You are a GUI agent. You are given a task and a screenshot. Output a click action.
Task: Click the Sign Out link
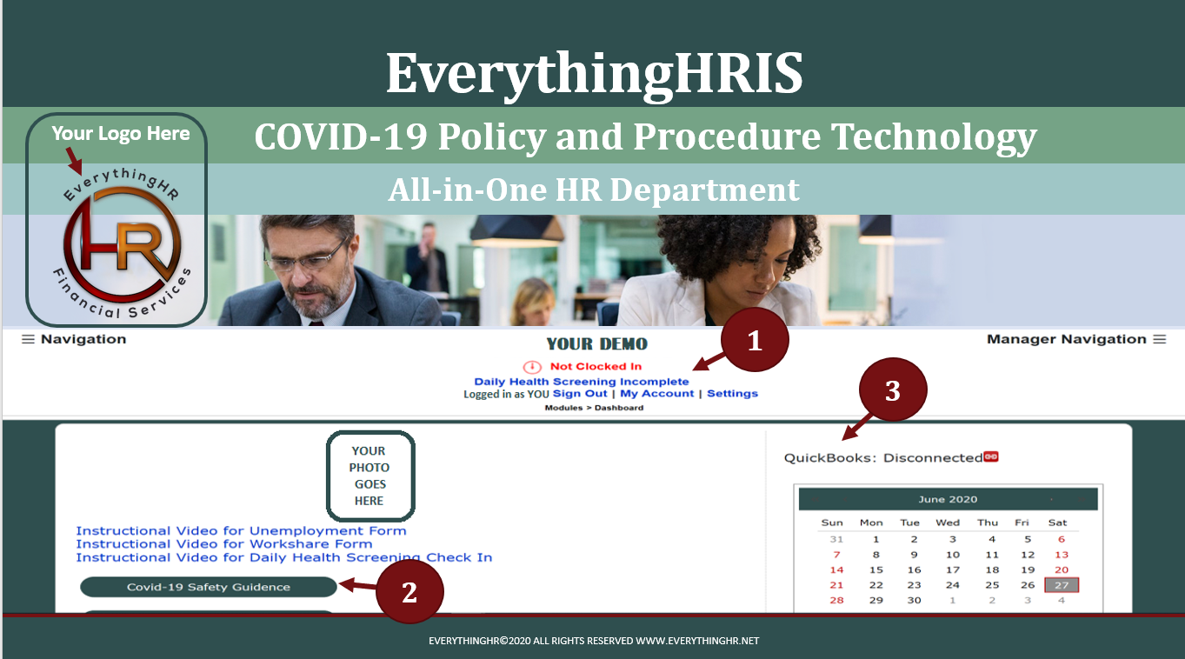click(x=580, y=394)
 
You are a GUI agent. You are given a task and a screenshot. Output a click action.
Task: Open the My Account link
click(x=656, y=394)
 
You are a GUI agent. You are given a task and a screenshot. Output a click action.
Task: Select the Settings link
click(x=732, y=394)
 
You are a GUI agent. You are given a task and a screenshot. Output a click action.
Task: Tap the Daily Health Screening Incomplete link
click(x=582, y=382)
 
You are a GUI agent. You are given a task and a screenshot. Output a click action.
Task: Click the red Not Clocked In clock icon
click(x=532, y=367)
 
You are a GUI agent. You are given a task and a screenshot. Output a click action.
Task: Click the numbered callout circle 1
click(x=755, y=340)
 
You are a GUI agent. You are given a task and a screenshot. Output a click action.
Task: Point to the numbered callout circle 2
click(x=410, y=591)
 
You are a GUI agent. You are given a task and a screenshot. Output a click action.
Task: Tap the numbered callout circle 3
click(x=893, y=390)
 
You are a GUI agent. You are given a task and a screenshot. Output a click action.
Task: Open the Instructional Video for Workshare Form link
click(x=223, y=543)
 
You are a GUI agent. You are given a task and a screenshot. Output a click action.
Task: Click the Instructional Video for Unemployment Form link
click(x=241, y=530)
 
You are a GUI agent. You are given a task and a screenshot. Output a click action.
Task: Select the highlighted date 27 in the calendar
click(x=1062, y=585)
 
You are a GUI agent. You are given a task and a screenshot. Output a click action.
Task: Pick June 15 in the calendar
click(x=876, y=569)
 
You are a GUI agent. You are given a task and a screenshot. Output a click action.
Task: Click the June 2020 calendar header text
click(x=948, y=499)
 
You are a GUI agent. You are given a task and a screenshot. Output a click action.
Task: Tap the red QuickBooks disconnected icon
click(x=991, y=456)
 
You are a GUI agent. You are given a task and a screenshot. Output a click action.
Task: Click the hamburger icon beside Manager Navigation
click(x=1160, y=339)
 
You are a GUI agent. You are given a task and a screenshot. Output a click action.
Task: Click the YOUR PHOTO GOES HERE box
click(x=370, y=476)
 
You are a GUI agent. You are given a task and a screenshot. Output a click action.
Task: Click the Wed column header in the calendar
click(x=948, y=523)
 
